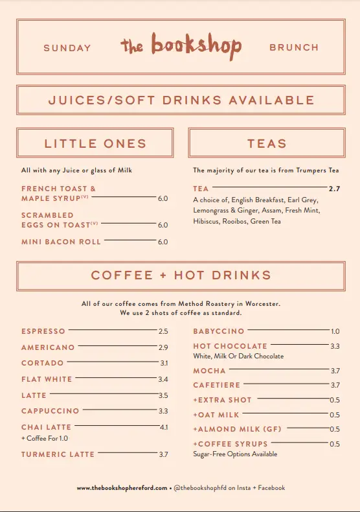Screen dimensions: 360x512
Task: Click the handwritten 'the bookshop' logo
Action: click(x=181, y=45)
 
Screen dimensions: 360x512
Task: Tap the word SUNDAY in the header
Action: click(x=67, y=48)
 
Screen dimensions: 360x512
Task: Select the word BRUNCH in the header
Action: click(x=294, y=48)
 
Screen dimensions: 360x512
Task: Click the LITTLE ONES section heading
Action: click(x=95, y=143)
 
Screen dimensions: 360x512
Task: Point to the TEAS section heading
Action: click(x=267, y=143)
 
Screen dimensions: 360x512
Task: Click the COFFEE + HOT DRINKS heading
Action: click(x=181, y=275)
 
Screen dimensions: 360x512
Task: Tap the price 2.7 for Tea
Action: click(x=334, y=189)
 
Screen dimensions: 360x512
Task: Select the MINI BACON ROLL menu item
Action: click(x=61, y=242)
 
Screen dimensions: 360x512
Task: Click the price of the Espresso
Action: click(x=163, y=331)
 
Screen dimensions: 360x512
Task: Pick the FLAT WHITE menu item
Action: click(x=47, y=379)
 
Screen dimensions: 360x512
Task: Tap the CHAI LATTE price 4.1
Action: click(x=163, y=428)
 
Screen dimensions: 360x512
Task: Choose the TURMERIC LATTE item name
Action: click(x=58, y=454)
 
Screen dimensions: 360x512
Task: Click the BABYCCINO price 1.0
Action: click(x=335, y=331)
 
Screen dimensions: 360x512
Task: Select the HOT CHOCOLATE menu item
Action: click(x=230, y=347)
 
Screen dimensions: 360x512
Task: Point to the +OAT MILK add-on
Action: click(x=216, y=415)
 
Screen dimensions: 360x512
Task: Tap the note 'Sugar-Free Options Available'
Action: click(x=235, y=454)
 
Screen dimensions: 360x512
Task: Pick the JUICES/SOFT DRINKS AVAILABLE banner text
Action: click(x=181, y=100)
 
